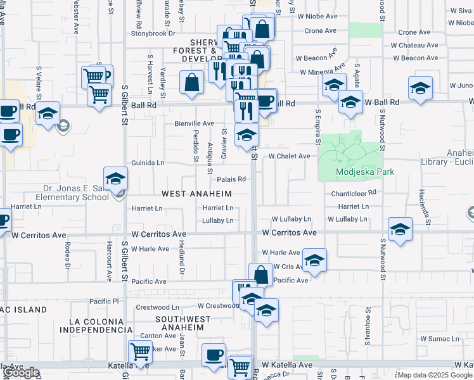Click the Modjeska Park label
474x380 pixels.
click(365, 172)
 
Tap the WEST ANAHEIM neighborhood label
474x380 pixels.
click(196, 193)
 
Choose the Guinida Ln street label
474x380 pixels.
click(148, 163)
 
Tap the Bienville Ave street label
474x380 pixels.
click(195, 123)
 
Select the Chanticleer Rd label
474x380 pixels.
click(354, 192)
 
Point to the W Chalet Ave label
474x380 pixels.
click(289, 156)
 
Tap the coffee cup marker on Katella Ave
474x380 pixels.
click(214, 355)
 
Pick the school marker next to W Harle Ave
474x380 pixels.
click(314, 260)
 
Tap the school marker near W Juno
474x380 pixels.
click(420, 88)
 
